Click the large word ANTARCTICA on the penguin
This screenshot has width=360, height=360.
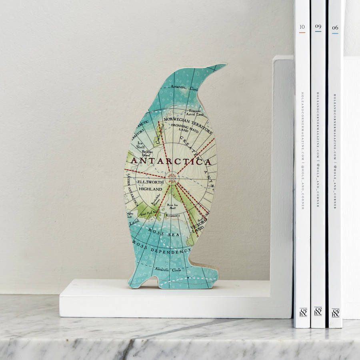171,161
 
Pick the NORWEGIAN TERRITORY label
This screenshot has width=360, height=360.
185,125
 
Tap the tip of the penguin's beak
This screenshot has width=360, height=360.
224,64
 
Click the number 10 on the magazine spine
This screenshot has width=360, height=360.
302,28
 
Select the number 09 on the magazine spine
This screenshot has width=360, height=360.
318,27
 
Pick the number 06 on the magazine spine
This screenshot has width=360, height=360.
335,28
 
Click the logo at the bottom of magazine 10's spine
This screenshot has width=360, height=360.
303,312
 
